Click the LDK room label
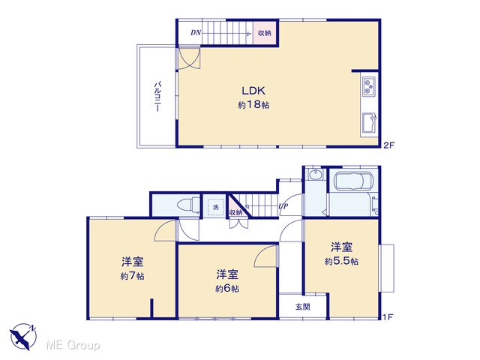[x=253, y=91]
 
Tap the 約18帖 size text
[x=253, y=105]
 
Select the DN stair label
[x=196, y=32]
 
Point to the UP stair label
[x=283, y=206]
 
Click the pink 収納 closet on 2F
[x=265, y=33]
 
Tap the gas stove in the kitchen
[x=370, y=86]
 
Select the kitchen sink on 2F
[x=370, y=123]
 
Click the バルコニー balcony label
[x=157, y=96]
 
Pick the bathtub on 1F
[x=353, y=181]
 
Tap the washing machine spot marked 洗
[x=216, y=207]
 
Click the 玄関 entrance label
[x=303, y=306]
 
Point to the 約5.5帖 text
[x=341, y=261]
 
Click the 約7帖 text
[x=133, y=276]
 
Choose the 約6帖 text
[x=227, y=288]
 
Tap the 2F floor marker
[x=389, y=145]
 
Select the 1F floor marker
[x=388, y=316]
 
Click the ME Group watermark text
[x=73, y=345]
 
